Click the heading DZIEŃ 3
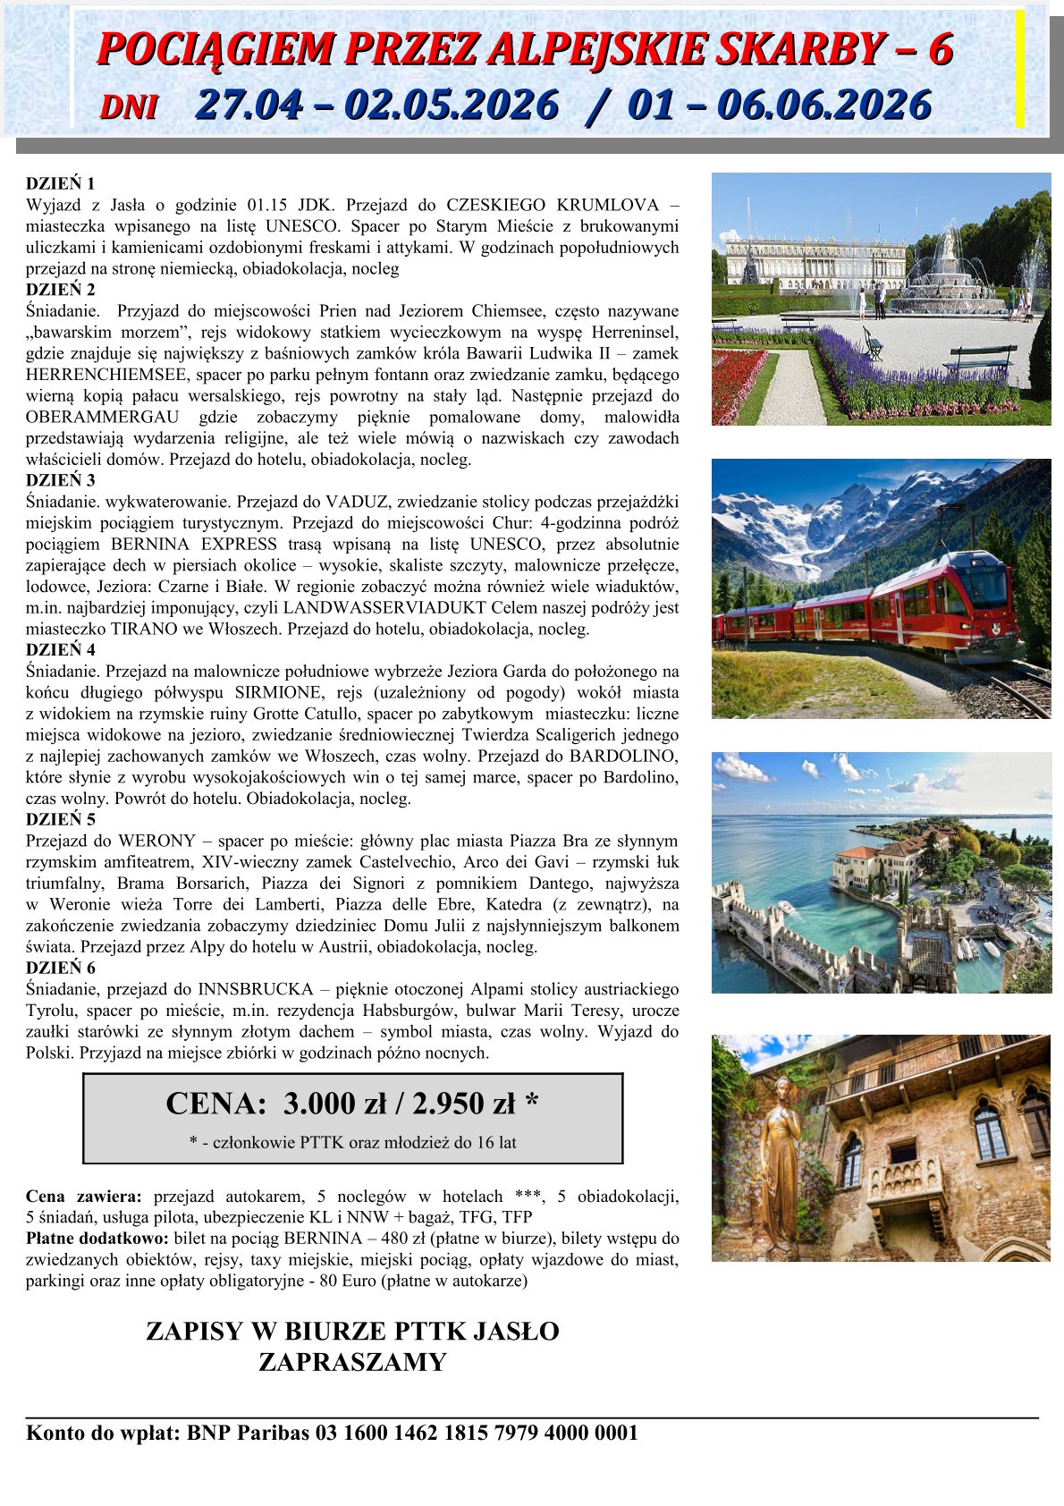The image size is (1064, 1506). (60, 480)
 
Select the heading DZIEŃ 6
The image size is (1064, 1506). (60, 968)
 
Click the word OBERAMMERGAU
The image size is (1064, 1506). (101, 418)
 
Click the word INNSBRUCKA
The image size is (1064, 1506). (256, 989)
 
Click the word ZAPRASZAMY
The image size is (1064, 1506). (352, 1362)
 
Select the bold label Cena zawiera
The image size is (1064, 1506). (83, 1197)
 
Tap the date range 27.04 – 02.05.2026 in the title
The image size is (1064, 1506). (376, 106)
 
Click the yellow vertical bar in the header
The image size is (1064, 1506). (1019, 68)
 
